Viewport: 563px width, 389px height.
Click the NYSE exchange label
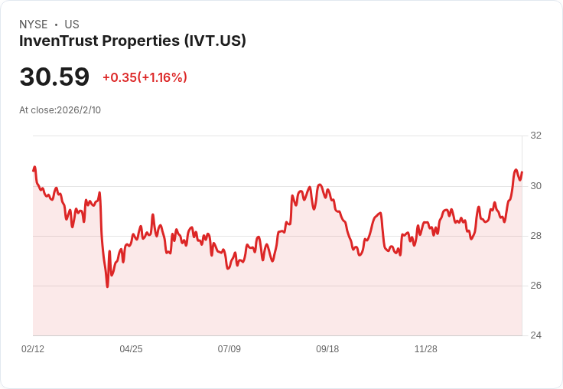[x=33, y=25]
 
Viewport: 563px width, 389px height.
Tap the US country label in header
[x=72, y=25]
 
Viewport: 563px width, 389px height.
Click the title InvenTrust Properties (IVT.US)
[x=132, y=41]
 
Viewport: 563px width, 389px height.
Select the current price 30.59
[x=54, y=77]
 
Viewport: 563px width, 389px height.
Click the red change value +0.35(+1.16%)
[x=145, y=77]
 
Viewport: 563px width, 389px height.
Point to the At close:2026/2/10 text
[x=60, y=110]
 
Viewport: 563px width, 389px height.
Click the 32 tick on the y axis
[x=535, y=136]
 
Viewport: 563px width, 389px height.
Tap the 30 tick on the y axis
[x=535, y=186]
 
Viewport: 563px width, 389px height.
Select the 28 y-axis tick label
[x=535, y=236]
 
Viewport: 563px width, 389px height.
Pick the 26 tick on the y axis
[x=535, y=286]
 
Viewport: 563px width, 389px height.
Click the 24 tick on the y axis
[x=535, y=335]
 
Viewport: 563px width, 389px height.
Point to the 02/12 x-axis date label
[x=33, y=349]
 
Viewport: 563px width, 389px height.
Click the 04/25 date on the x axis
[x=131, y=349]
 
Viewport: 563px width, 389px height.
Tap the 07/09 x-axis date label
[x=229, y=349]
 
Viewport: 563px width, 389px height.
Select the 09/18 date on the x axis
[x=327, y=349]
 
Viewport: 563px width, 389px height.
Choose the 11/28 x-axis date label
[x=426, y=349]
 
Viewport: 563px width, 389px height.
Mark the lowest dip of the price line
[x=107, y=286]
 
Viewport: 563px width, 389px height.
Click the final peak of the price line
[x=516, y=170]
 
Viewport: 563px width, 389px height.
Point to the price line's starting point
[x=34, y=170]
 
